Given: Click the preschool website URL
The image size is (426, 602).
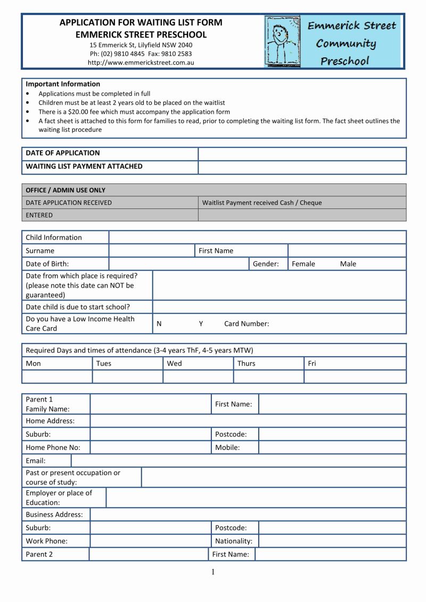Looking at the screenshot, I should point(141,63).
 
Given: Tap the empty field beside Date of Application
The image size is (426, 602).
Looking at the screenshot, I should point(301,154).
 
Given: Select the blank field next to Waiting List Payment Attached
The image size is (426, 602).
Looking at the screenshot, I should point(301,167).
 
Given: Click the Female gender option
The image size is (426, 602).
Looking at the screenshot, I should point(304,264).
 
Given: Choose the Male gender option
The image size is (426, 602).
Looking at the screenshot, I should point(348,264).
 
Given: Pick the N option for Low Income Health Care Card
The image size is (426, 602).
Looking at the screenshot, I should point(159,323).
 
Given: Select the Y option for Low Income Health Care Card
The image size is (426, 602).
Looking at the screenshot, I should point(201,323).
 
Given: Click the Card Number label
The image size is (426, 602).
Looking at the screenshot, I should point(247,323).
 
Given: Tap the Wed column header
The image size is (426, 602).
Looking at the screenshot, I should point(174,364).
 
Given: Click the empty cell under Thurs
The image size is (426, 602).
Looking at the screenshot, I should point(268,377).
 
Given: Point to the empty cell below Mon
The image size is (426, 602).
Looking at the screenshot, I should point(57,377).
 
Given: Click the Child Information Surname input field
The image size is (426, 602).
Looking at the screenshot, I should point(152,250).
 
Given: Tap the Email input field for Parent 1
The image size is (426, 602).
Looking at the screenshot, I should point(239,461).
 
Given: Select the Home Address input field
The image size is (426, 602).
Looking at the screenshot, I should point(248,421).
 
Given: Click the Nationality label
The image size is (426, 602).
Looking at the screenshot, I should point(234,541).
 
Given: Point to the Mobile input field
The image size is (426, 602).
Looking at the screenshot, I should point(332,447).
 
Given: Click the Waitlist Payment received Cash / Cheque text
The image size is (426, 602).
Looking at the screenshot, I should point(262,203).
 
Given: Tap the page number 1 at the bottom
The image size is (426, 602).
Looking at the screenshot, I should point(213,572).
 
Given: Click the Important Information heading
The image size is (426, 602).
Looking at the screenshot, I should point(63,84).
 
